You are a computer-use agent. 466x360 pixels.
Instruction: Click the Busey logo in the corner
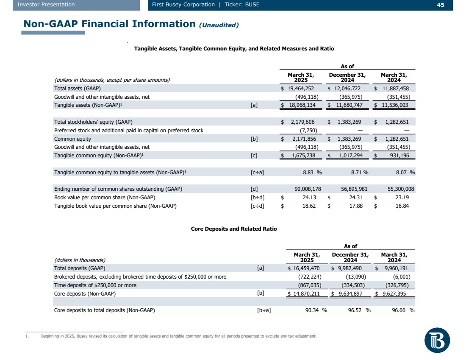tap(437, 340)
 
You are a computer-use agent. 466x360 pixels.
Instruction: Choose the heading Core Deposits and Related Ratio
tap(234, 229)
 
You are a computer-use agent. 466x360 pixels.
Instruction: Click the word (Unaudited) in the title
tap(219, 25)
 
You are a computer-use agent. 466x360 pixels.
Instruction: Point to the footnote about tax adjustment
tap(178, 336)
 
